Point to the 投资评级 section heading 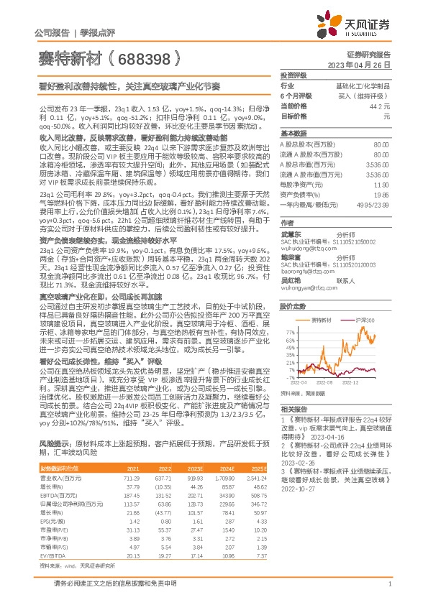[293, 75]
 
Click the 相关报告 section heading [293, 407]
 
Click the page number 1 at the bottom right [388, 592]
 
